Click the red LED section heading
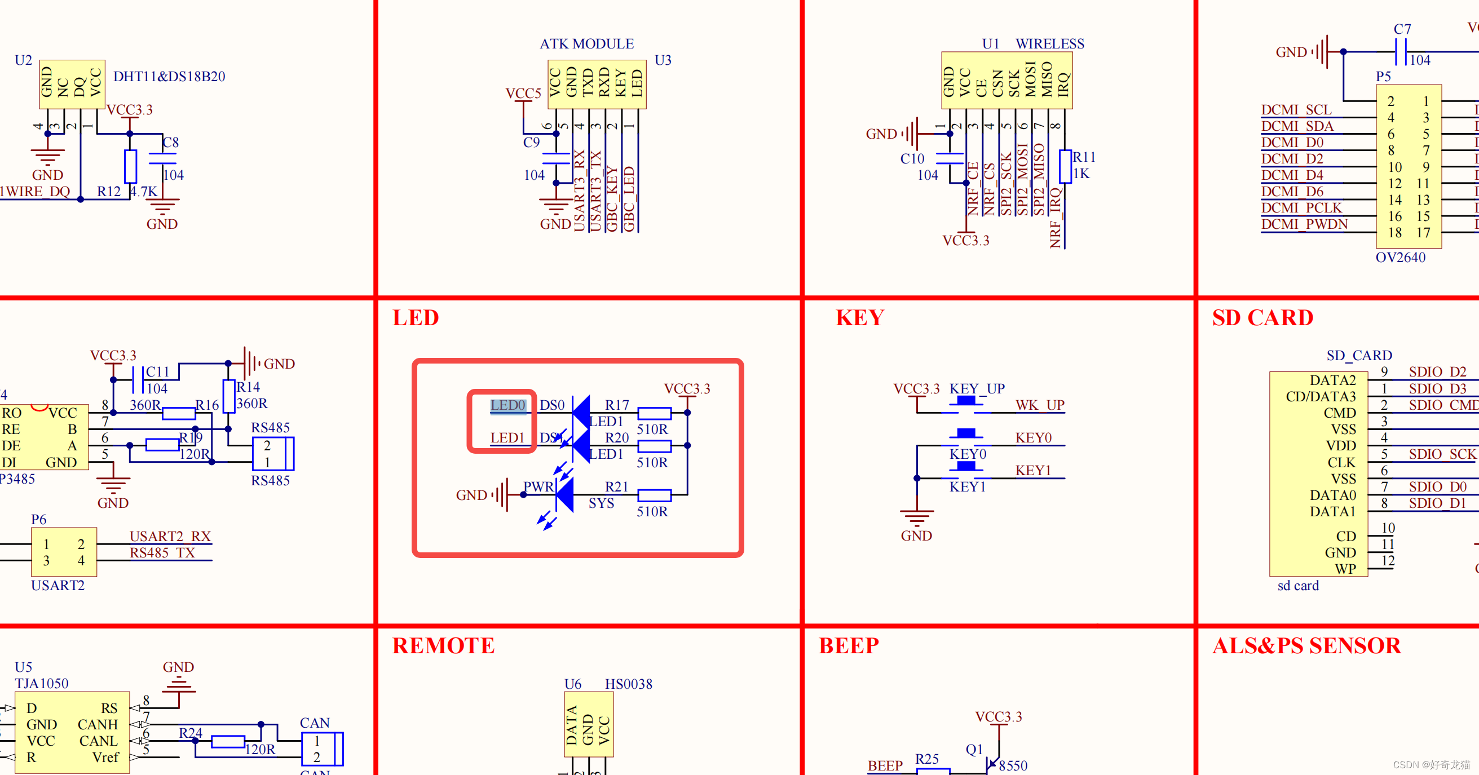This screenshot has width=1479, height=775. tap(416, 317)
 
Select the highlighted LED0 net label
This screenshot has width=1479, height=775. tap(507, 405)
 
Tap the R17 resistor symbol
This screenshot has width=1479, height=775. tap(654, 413)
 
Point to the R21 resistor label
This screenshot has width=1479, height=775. tap(617, 486)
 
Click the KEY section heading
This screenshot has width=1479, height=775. tap(859, 317)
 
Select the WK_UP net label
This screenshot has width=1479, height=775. tap(1040, 405)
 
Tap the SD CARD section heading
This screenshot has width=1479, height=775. tap(1262, 317)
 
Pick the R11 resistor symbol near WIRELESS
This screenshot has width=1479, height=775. tap(1065, 166)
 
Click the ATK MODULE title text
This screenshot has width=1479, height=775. tap(587, 43)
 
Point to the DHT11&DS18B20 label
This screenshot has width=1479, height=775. tap(169, 76)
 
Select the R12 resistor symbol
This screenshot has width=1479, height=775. tap(130, 166)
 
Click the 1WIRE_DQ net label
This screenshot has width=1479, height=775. tap(34, 191)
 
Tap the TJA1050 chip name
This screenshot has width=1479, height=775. tap(41, 683)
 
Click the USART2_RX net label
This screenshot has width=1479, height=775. tap(170, 535)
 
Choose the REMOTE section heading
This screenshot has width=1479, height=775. tap(443, 645)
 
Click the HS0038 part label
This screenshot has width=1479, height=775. tap(628, 684)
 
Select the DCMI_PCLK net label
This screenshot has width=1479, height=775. tap(1301, 207)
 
